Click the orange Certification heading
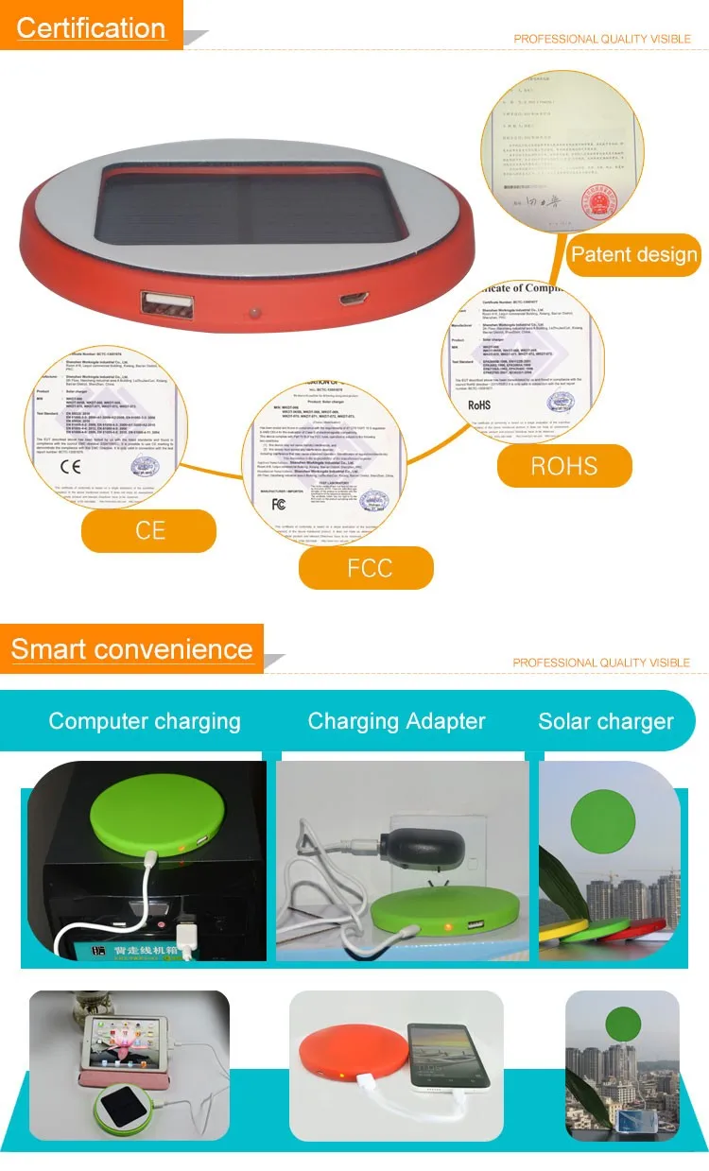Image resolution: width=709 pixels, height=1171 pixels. coord(91,28)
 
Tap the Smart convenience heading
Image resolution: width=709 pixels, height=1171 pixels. coord(131,649)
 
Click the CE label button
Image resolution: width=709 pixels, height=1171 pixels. coord(149,530)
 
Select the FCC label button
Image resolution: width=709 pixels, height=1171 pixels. coord(368,569)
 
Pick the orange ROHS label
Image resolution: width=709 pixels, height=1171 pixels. coord(563,466)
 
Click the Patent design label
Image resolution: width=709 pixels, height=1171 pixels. coord(633,254)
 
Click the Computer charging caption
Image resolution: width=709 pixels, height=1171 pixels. coord(145,721)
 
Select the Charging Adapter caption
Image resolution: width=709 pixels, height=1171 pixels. coord(396,721)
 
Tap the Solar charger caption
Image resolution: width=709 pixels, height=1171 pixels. coord(606,722)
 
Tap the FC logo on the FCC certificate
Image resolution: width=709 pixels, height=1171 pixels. coord(278,503)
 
